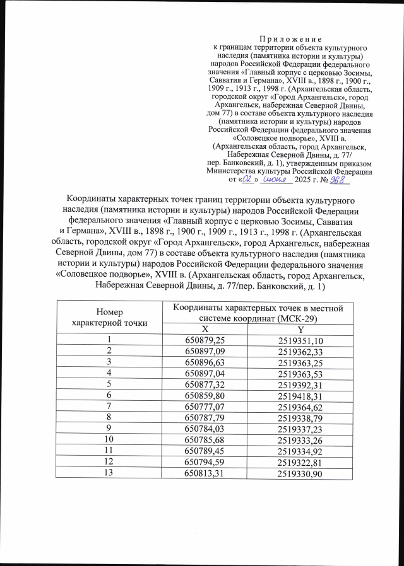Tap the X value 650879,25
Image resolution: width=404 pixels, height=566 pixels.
coord(203,341)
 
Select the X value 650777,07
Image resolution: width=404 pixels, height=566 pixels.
coord(203,407)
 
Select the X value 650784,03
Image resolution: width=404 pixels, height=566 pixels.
coord(203,429)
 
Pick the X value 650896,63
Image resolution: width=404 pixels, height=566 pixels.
coord(203,362)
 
